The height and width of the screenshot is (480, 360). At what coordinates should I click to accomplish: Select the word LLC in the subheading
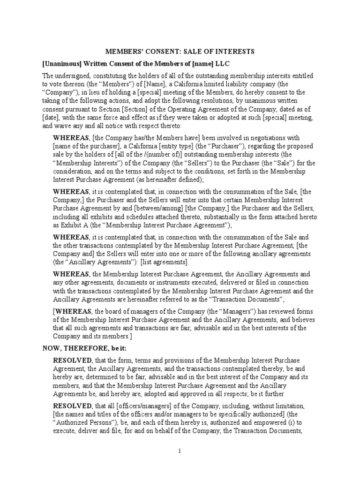pos(222,63)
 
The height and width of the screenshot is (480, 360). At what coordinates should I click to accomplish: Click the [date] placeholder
pos(52,117)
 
